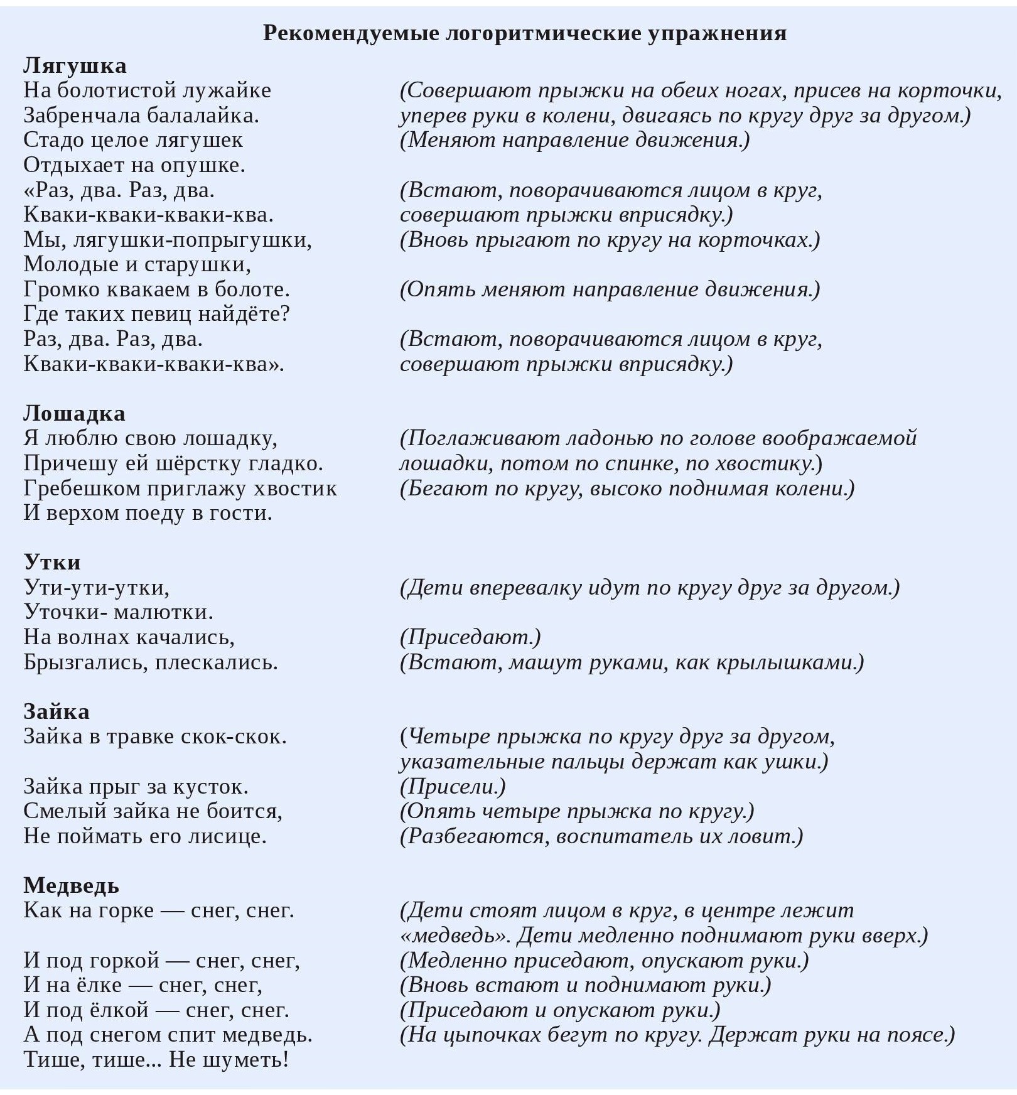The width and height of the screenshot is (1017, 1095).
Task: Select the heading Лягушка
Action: click(x=75, y=65)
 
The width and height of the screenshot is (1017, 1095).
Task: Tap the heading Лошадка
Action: click(x=74, y=413)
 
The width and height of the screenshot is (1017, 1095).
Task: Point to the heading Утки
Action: click(x=52, y=562)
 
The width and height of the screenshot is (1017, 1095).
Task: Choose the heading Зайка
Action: click(x=56, y=711)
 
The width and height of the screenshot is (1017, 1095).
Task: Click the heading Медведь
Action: click(x=71, y=885)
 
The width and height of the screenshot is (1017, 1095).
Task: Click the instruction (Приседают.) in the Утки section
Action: click(x=470, y=637)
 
